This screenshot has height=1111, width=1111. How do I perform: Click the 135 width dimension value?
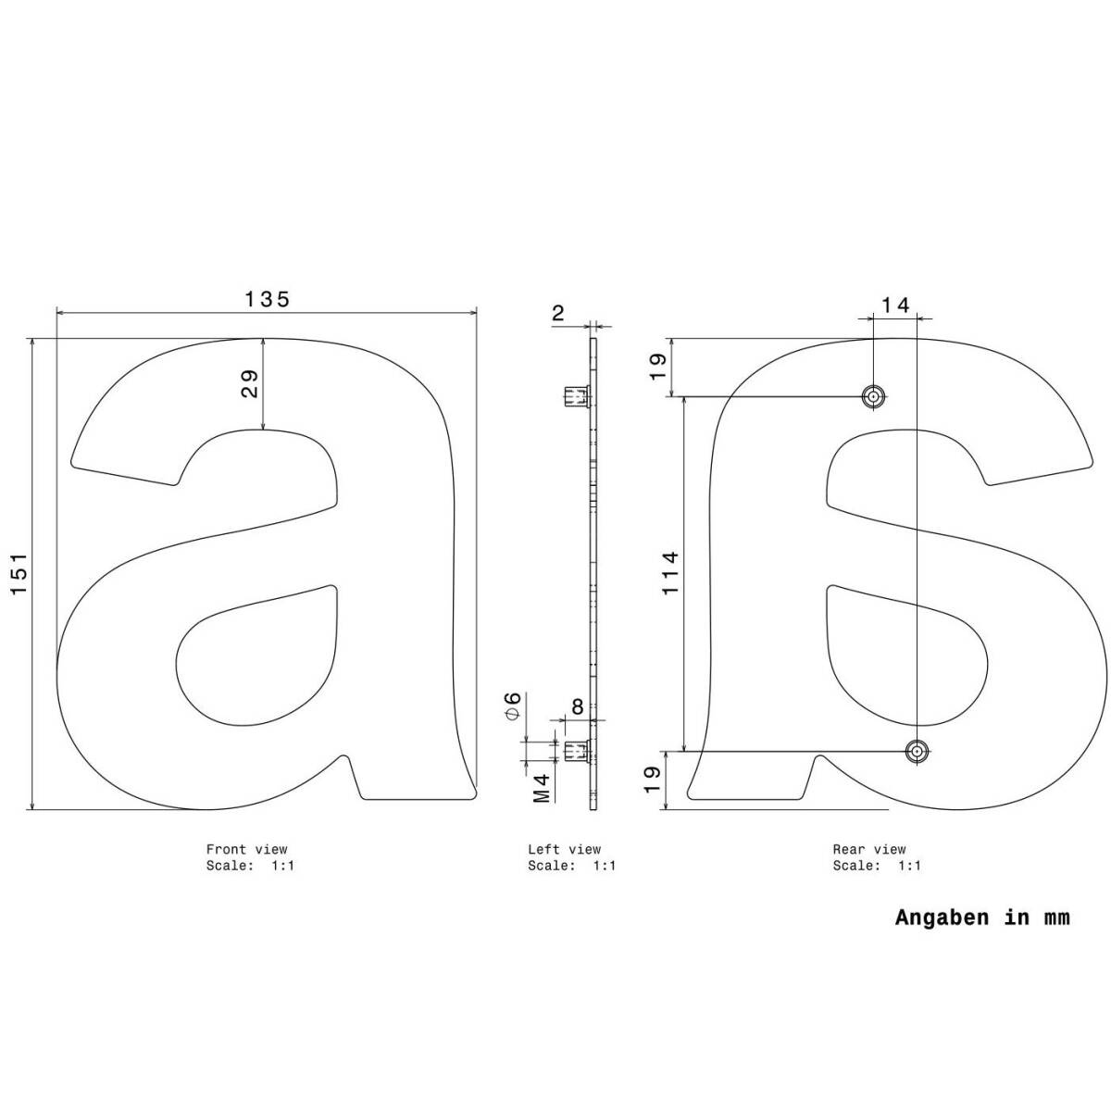(267, 299)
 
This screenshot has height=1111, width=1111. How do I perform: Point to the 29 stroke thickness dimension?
(250, 384)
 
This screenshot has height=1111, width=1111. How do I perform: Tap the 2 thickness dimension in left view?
(558, 314)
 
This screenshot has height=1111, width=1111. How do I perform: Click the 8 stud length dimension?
(577, 706)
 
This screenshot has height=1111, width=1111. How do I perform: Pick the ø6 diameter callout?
(513, 705)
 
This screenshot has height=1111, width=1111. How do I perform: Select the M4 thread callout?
(542, 788)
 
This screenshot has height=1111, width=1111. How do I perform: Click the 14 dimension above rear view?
(895, 305)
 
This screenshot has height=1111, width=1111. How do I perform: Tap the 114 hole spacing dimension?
(670, 573)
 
